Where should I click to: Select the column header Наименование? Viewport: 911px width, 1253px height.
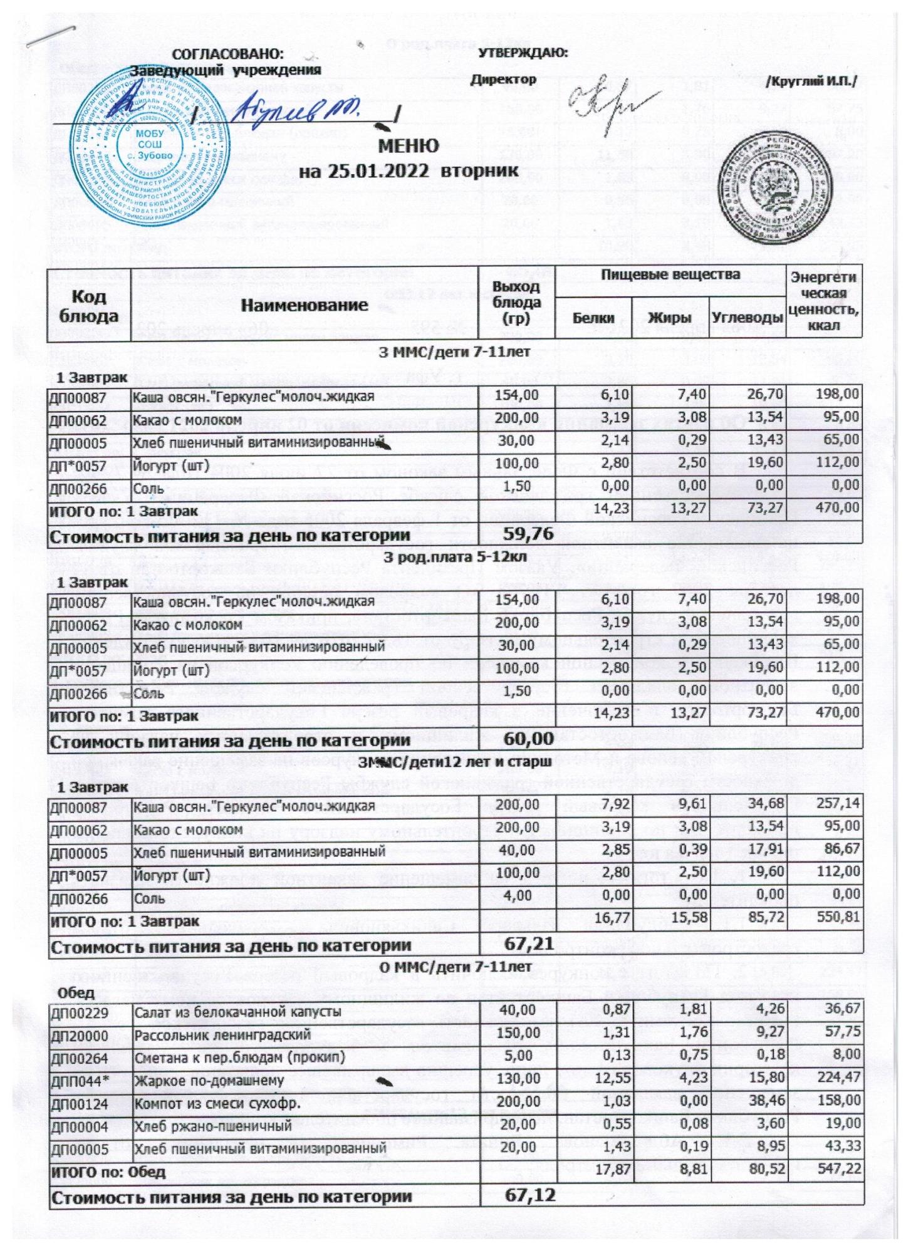(x=305, y=305)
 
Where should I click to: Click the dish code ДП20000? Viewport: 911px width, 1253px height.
(x=80, y=1034)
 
